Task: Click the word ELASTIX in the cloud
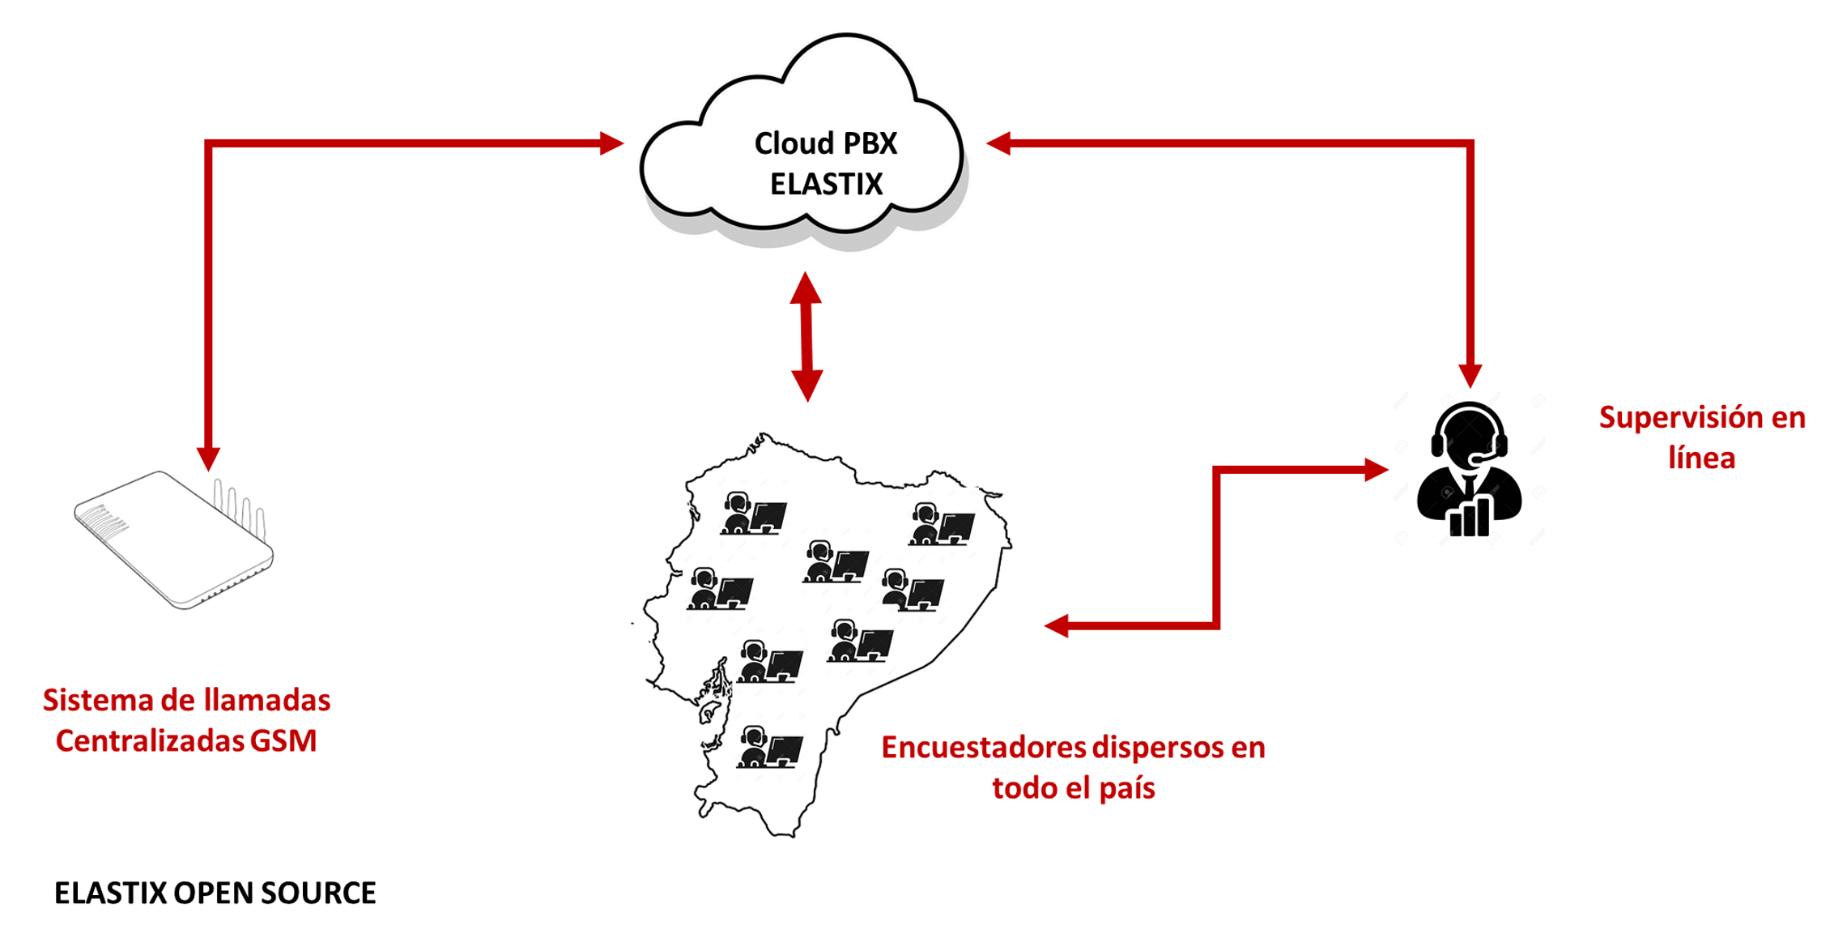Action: point(826,185)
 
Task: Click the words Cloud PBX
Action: point(826,143)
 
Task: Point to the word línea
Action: point(1702,458)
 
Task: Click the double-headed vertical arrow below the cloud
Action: point(806,336)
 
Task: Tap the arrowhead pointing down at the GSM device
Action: point(208,458)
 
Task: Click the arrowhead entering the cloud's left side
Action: point(611,143)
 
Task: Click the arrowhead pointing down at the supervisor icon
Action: point(1470,375)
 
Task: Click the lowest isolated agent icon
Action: point(769,747)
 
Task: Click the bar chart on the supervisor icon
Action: point(1470,517)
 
